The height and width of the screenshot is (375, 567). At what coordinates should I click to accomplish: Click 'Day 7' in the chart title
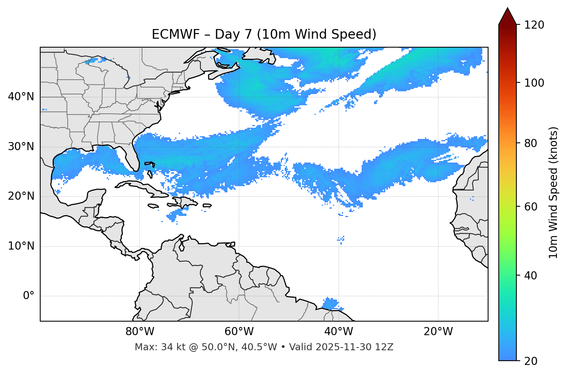[x=233, y=34]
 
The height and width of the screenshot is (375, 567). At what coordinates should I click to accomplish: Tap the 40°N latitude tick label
[x=21, y=97]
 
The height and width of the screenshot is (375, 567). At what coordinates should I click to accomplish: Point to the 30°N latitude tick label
[x=21, y=147]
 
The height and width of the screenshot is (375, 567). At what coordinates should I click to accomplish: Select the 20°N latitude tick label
[x=21, y=196]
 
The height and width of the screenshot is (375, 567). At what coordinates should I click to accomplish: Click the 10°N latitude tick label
[x=21, y=246]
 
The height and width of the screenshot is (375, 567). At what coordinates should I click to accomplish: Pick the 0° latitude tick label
[x=28, y=296]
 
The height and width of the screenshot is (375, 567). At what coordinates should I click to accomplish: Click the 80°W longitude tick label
[x=140, y=332]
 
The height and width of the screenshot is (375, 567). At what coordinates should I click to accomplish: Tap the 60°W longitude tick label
[x=239, y=332]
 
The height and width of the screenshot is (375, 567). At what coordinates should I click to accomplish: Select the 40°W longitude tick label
[x=338, y=332]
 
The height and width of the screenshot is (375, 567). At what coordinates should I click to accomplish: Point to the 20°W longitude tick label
[x=438, y=332]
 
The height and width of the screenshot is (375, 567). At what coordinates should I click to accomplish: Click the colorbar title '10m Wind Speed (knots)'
[x=553, y=193]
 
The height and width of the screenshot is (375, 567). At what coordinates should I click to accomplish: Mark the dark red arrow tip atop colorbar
[x=507, y=15]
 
